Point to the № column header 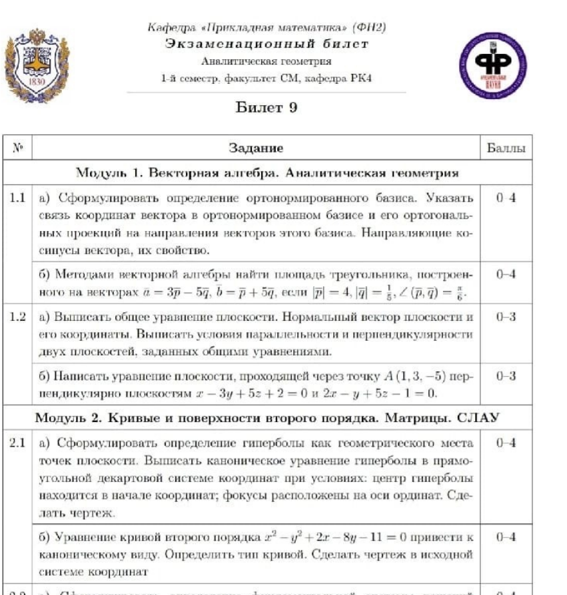point(18,148)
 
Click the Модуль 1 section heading point(267,174)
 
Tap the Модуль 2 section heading point(267,418)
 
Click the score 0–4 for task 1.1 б point(506,274)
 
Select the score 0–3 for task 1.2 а point(506,317)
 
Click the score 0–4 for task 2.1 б point(506,537)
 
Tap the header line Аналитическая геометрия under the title point(266,62)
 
